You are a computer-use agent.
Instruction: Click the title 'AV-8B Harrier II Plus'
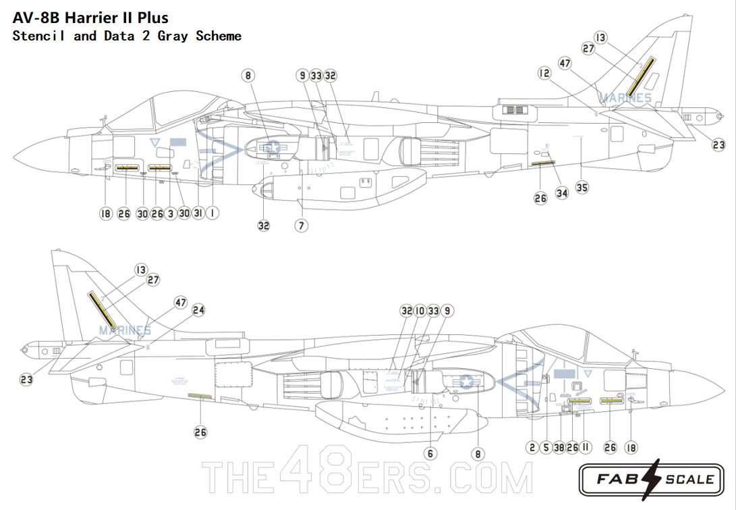click(90, 18)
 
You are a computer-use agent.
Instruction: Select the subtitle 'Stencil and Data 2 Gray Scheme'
click(127, 36)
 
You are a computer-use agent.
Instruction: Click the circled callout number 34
click(562, 193)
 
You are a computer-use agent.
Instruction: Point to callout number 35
click(582, 187)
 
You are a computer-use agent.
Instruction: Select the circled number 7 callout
click(302, 226)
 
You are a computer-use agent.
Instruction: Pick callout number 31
click(198, 213)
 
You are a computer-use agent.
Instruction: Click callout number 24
click(198, 310)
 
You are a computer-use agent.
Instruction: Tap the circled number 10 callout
click(420, 311)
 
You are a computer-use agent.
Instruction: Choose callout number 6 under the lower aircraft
click(430, 453)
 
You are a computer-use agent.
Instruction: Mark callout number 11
click(586, 447)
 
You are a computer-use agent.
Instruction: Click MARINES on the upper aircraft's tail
click(625, 98)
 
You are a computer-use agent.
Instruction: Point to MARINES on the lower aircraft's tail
click(125, 330)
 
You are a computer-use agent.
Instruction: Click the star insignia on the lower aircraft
click(466, 382)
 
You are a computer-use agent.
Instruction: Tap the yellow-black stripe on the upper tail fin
click(641, 76)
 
